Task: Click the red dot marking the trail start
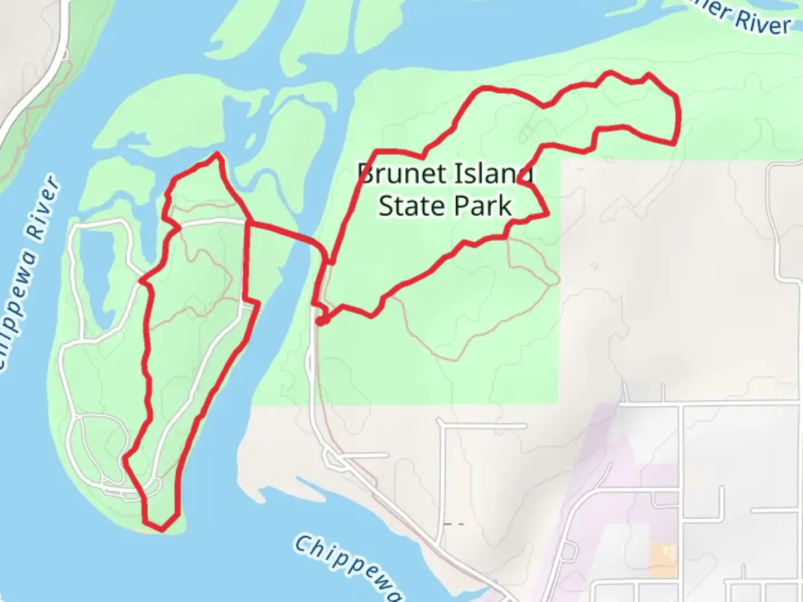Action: click(321, 321)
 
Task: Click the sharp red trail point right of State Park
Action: click(548, 213)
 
